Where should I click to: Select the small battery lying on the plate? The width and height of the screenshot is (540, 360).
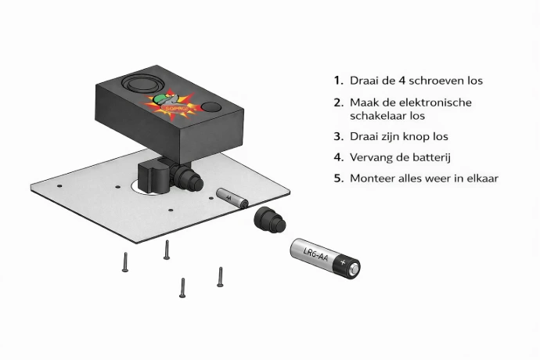click(231, 196)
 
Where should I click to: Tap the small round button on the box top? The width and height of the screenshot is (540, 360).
click(211, 107)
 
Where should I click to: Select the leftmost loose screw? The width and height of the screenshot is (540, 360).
click(124, 262)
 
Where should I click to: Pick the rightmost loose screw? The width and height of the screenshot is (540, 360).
click(220, 276)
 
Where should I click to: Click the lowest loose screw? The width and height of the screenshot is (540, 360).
click(182, 287)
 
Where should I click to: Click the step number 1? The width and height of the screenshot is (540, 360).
click(337, 81)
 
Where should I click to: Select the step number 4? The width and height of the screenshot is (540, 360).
click(338, 157)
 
